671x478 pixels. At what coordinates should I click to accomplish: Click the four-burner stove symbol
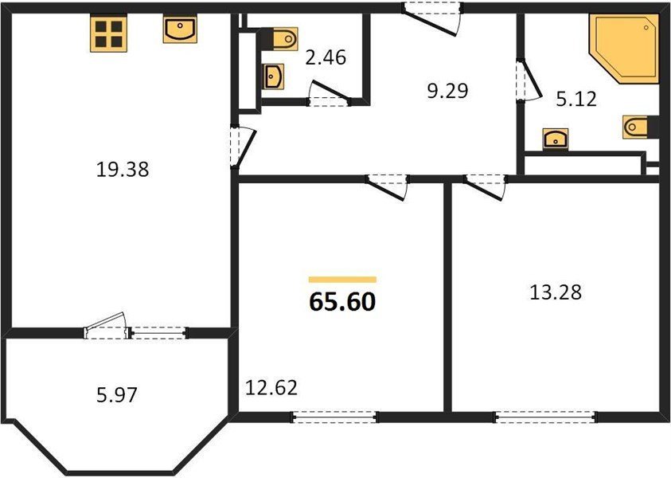tap(109, 33)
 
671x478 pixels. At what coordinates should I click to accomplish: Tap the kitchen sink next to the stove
tap(180, 29)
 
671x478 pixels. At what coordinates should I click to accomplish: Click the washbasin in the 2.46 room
tap(273, 76)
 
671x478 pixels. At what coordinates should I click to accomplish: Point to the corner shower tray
tap(623, 48)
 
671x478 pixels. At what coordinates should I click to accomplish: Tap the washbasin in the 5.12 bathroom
tap(556, 139)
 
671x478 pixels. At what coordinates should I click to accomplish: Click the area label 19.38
tap(123, 170)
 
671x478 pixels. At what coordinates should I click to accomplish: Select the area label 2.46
tap(326, 58)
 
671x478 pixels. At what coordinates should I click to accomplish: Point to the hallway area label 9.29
tap(448, 91)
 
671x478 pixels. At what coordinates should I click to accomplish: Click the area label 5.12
tap(576, 100)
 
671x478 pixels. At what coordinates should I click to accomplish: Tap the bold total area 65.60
tap(342, 301)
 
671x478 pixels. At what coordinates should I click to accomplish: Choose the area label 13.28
tap(556, 293)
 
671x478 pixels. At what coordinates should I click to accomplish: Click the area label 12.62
tap(271, 388)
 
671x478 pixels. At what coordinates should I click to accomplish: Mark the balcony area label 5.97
tap(117, 395)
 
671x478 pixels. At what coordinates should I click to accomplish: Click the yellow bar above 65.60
tap(342, 280)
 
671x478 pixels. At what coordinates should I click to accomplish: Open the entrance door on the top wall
tap(432, 20)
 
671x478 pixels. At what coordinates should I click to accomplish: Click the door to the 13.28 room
tap(485, 187)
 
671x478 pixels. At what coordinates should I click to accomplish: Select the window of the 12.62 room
tap(334, 417)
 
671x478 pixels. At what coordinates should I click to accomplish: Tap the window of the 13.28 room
tap(545, 417)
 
